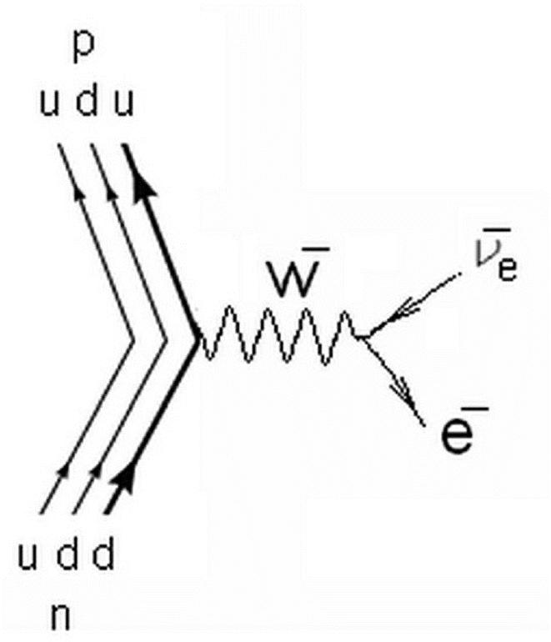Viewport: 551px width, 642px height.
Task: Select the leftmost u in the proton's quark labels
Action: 52,108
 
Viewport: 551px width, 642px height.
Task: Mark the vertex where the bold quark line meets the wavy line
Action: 197,338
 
